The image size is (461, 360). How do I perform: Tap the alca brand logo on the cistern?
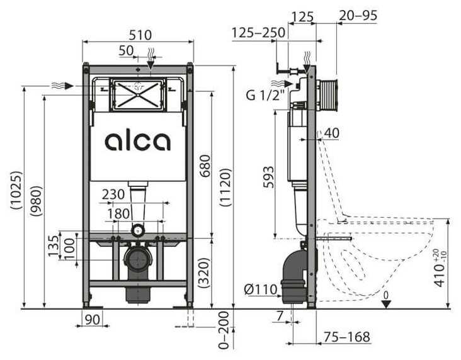pyautogui.click(x=137, y=141)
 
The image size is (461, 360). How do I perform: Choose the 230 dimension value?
pyautogui.click(x=113, y=196)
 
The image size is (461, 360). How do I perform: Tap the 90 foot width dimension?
pyautogui.click(x=93, y=320)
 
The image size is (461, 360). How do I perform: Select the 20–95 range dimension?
pyautogui.click(x=358, y=16)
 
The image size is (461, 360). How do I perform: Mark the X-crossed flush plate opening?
pyautogui.click(x=137, y=94)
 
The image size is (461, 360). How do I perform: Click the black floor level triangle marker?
pyautogui.click(x=387, y=303)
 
